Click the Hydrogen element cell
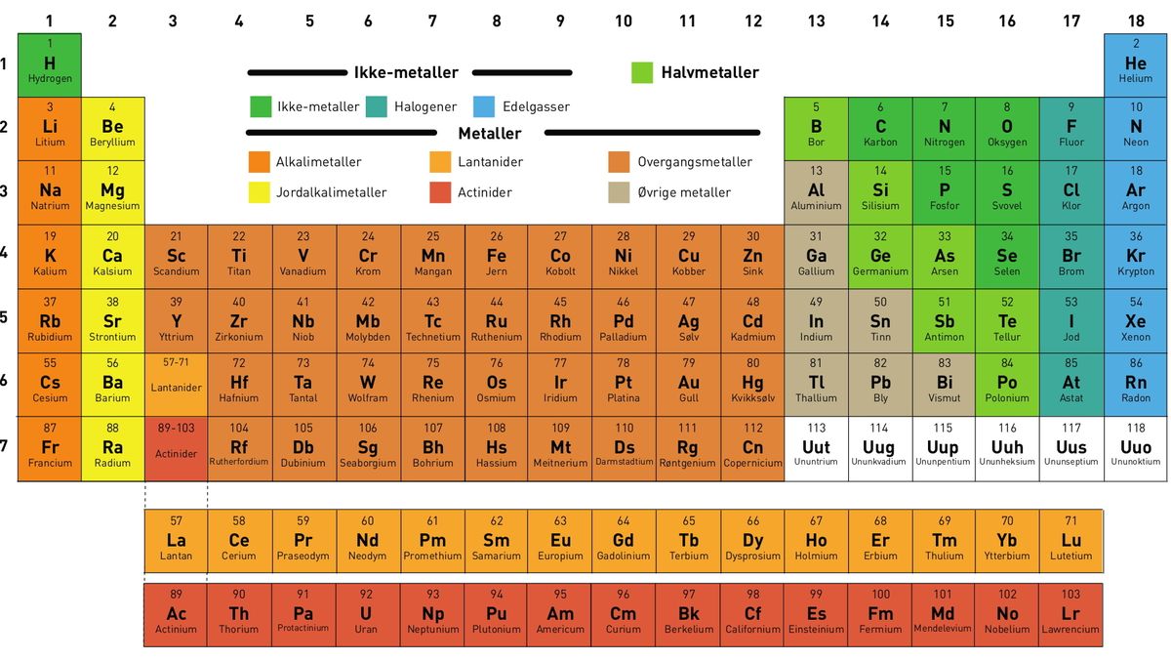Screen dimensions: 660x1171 point(50,64)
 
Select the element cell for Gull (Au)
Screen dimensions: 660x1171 point(689,383)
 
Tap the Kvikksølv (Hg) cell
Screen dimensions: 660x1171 point(752,383)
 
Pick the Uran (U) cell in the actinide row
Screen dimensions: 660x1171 point(366,614)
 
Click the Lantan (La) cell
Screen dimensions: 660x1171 point(176,541)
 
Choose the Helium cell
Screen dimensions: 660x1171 point(1136,64)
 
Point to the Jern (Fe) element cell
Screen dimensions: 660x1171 point(497,257)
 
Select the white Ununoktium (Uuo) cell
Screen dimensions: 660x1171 point(1136,448)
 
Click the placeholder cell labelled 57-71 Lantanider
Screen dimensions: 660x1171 point(176,383)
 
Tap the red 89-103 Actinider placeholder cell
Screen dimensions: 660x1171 point(176,448)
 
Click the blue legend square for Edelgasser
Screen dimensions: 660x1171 point(484,106)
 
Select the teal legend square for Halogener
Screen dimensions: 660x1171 point(377,106)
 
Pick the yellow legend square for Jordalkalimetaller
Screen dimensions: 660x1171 point(260,192)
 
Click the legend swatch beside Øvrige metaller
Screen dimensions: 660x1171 point(619,192)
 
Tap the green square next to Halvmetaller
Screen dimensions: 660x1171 point(642,72)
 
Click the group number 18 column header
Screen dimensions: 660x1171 point(1136,20)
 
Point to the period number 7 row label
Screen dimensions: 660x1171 point(5,445)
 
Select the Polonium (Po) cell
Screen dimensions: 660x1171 point(1007,383)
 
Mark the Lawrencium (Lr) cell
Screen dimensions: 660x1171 point(1071,614)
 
